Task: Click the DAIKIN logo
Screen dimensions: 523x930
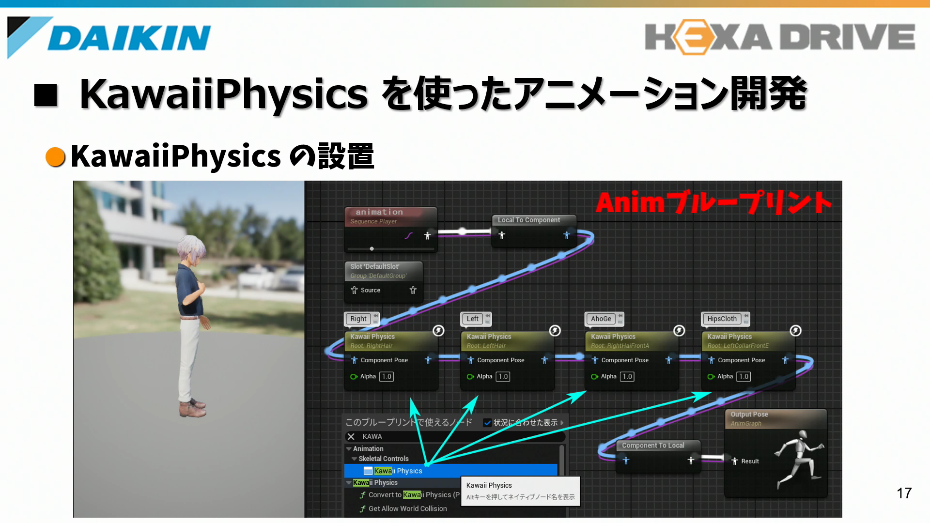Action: (x=109, y=37)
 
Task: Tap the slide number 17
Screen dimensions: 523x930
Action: (x=904, y=493)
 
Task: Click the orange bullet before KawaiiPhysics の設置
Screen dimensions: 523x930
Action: (x=55, y=156)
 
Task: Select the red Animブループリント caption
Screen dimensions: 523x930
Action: (x=713, y=202)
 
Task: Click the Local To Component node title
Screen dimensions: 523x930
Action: (x=528, y=220)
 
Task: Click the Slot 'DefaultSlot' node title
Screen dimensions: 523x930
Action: (x=375, y=267)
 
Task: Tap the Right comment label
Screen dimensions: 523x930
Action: (x=358, y=319)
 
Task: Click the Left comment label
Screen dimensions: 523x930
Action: (x=473, y=319)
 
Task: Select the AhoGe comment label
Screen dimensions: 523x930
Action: (x=601, y=319)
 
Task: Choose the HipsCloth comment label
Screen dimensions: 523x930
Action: (x=722, y=319)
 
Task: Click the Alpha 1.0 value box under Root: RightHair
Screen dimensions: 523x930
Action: (x=387, y=376)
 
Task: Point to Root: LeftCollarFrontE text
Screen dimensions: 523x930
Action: (x=738, y=346)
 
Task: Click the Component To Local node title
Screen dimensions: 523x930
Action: (x=653, y=446)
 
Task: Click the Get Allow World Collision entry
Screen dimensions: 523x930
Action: (x=407, y=508)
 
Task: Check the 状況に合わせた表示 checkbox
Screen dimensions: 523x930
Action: (x=487, y=423)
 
